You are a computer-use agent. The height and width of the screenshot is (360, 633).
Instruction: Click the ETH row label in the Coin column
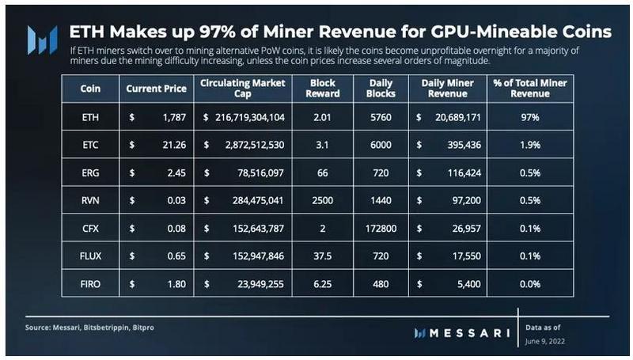click(90, 117)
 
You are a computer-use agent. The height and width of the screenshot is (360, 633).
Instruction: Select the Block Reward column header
click(324, 88)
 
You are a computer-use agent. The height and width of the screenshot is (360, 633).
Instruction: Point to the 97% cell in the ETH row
click(530, 117)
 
